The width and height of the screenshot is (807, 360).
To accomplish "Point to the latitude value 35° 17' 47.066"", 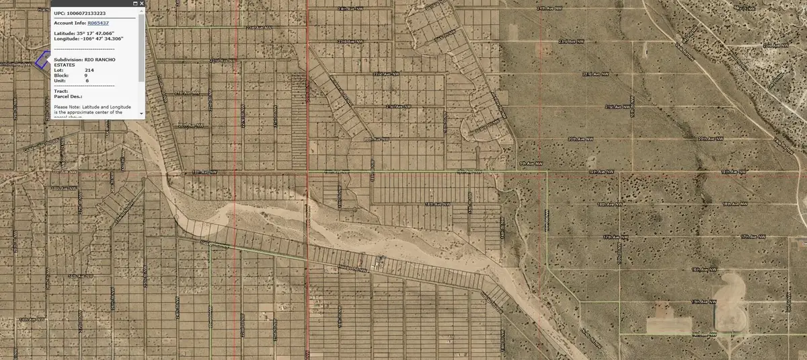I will (x=101, y=32).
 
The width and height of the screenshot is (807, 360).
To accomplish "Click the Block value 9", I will (x=86, y=75).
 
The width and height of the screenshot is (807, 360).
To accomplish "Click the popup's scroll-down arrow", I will (x=141, y=114).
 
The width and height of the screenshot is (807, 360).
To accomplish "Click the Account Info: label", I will (x=70, y=22).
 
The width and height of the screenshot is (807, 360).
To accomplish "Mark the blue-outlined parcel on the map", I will (x=42, y=61).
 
